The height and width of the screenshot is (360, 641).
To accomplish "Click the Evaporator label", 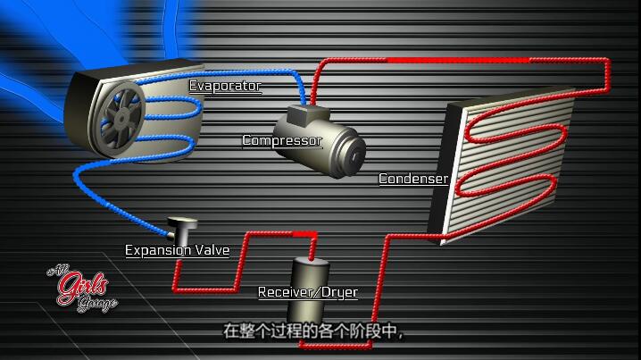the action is (225, 86).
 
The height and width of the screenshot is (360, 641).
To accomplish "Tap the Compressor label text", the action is (282, 140).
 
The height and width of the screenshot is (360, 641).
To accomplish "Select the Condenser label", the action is (413, 179).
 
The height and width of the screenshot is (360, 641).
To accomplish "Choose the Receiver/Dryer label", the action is (308, 292).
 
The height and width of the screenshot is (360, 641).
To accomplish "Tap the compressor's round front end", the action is (353, 156).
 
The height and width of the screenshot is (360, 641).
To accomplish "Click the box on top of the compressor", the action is (307, 114).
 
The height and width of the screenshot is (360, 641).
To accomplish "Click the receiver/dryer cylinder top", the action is (311, 262).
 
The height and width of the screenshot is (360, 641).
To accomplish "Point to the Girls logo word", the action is (83, 288).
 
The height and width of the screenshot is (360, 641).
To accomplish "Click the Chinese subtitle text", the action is (313, 331).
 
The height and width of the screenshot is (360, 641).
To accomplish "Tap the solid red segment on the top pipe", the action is (458, 60).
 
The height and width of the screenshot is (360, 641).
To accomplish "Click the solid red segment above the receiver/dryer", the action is (304, 233).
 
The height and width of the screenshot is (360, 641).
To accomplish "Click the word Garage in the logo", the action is (97, 304).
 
